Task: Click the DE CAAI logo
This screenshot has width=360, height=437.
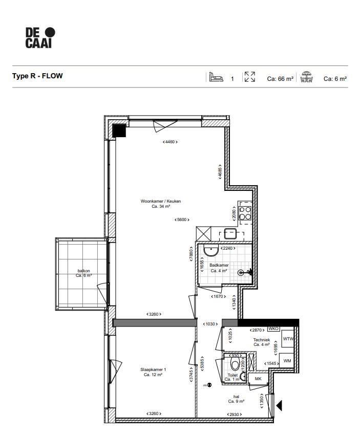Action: click(40, 38)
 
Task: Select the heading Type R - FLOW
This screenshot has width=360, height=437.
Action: click(37, 76)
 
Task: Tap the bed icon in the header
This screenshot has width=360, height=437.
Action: click(216, 77)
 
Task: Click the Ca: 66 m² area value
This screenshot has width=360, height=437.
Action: click(280, 79)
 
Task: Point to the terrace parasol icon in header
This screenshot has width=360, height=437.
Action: click(307, 77)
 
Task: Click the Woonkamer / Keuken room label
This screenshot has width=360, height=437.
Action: click(161, 204)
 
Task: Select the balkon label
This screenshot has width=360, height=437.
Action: click(83, 273)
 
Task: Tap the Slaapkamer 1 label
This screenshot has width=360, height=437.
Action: click(153, 372)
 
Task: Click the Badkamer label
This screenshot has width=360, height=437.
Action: click(219, 268)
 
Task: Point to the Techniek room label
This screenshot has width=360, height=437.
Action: click(262, 342)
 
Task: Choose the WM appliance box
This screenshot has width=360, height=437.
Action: click(287, 361)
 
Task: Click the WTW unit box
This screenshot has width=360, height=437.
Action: click(288, 339)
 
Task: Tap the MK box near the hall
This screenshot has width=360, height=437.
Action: click(258, 379)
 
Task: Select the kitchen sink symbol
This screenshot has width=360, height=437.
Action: click(229, 234)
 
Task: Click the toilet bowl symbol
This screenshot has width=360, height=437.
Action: click(236, 365)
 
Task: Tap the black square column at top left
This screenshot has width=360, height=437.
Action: click(119, 131)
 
